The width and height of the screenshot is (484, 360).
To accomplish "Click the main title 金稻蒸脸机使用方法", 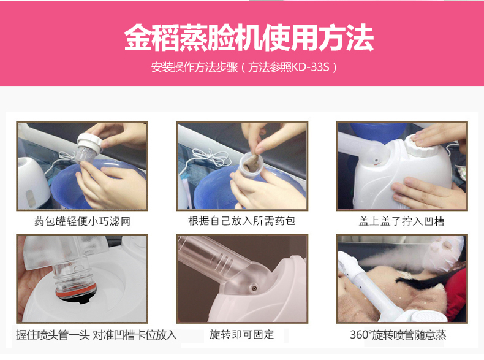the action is (249, 37).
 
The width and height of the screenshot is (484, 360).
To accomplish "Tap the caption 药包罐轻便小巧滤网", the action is (82, 221).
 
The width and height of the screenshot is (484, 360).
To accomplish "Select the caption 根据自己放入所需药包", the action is (241, 221).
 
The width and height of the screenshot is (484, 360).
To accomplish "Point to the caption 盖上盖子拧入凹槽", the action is (401, 221).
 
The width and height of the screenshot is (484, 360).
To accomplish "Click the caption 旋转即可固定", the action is (241, 334).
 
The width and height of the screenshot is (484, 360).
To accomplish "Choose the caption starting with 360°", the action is (398, 335).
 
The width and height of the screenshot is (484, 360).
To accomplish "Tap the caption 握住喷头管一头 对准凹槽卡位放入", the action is (96, 335).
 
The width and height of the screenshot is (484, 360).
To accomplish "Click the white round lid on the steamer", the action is (422, 146).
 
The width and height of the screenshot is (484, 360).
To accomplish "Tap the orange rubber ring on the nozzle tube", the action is (76, 293).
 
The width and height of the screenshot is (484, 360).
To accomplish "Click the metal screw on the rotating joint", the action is (254, 288).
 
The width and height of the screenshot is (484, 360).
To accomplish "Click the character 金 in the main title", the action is (138, 37).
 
